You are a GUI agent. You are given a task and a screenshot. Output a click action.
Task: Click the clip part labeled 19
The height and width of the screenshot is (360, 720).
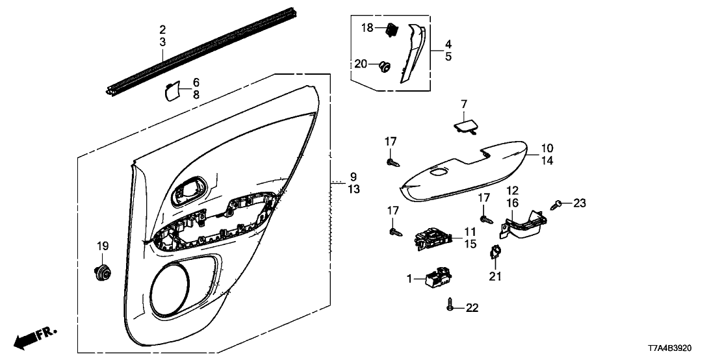(x=101, y=273)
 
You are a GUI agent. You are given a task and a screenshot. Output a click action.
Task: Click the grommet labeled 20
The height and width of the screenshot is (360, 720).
(x=385, y=66)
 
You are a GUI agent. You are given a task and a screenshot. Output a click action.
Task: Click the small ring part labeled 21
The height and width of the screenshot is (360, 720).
(x=495, y=251)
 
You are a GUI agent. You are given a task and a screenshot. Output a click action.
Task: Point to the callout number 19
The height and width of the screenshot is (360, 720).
(x=103, y=246)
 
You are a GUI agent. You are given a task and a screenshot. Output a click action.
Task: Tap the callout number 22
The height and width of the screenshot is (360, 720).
(x=472, y=307)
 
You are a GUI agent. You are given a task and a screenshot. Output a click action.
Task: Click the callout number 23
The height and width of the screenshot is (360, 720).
(x=579, y=203)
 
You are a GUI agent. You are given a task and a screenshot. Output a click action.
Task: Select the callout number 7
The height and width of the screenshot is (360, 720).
(x=464, y=104)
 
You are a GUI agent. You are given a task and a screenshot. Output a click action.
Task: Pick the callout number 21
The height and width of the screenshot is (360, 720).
(x=495, y=276)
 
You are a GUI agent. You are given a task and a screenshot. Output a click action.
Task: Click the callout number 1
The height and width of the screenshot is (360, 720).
(x=410, y=279)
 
